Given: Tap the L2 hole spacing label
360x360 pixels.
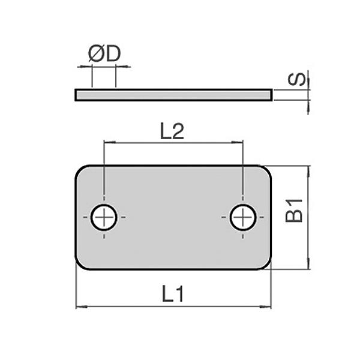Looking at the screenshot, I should point(172,132).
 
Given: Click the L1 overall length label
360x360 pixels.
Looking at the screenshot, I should point(172,294).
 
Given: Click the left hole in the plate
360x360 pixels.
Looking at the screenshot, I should point(104,217).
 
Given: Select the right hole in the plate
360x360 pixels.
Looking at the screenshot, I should point(243,217).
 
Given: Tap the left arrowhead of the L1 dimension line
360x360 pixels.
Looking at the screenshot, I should point(80,307).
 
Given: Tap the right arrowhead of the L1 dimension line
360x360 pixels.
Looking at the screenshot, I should point(268,307).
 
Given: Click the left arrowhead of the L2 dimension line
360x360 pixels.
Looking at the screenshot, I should point(108,143).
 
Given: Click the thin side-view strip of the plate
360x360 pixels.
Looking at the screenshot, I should point(173,94).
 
